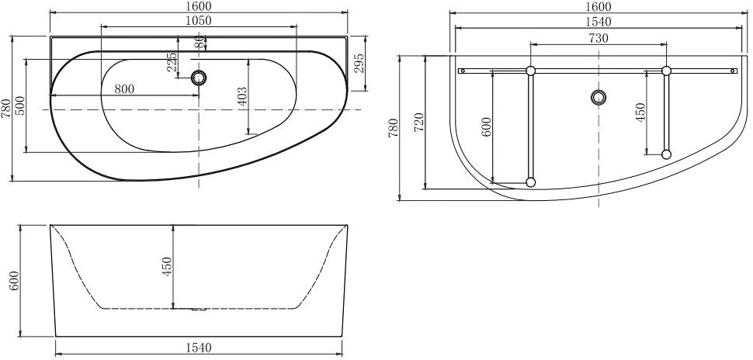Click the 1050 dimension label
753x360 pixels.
(198, 21)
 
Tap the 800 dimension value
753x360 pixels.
(124, 88)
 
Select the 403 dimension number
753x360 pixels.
(242, 96)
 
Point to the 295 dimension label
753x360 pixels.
(359, 62)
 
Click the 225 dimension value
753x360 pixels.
(172, 62)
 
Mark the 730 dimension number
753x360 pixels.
(599, 38)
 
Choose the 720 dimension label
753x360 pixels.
(418, 123)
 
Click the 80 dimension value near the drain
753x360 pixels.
(200, 42)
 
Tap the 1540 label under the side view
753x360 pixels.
(198, 348)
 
